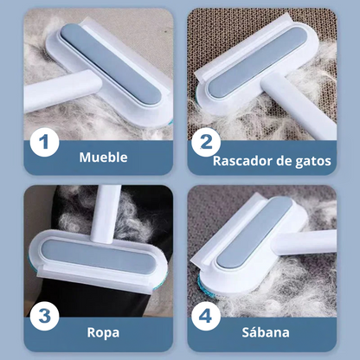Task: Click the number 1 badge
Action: click(44, 142)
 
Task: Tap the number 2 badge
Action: click(206, 142)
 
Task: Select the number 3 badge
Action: click(44, 316)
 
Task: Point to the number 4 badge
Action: click(206, 316)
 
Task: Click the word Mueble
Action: click(103, 157)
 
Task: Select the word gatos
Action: click(313, 162)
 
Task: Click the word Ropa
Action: click(103, 332)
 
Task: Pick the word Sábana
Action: click(266, 332)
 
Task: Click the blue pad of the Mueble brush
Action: click(111, 64)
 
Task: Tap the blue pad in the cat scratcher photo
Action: click(257, 61)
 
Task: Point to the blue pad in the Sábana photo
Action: click(254, 232)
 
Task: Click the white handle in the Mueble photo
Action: click(63, 90)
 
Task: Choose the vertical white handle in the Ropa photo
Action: click(106, 214)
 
